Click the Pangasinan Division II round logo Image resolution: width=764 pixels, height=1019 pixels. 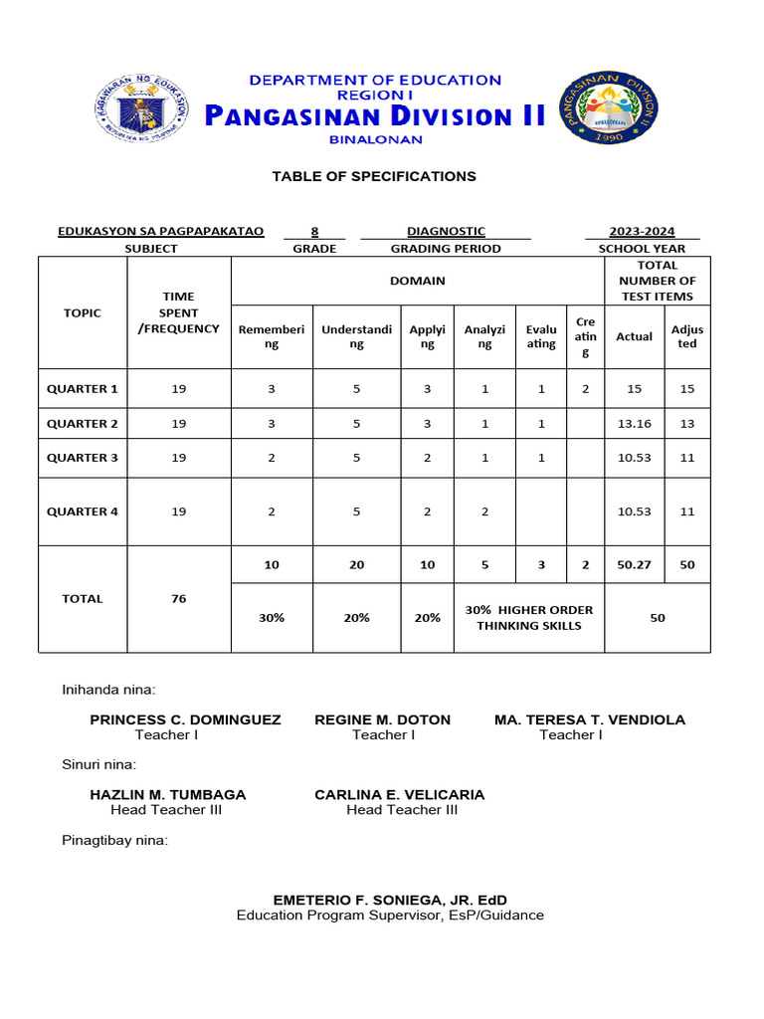pos(606,106)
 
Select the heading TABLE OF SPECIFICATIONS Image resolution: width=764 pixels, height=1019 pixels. pos(374,176)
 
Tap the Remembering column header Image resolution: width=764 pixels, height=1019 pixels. pos(272,336)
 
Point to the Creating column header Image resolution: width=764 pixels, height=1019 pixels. pos(586,336)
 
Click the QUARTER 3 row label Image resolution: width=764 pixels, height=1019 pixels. pos(83,458)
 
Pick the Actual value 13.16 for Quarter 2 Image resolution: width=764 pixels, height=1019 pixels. pos(634,424)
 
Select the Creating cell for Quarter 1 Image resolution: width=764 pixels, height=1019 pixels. pos(586,389)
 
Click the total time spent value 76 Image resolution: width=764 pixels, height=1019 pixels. pos(179,599)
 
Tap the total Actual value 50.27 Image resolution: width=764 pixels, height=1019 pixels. pos(634,565)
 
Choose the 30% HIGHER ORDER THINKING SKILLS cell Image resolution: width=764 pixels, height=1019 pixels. pos(528,618)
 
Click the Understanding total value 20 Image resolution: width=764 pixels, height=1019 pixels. pos(356,565)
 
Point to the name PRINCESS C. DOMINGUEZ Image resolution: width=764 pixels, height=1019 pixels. pos(185,719)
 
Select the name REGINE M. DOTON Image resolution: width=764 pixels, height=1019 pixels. pos(382,719)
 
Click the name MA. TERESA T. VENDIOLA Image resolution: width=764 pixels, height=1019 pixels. pos(589,719)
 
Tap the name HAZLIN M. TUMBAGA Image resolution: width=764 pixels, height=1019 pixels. pos(167,795)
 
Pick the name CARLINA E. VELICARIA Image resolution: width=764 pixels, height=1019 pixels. pos(400,795)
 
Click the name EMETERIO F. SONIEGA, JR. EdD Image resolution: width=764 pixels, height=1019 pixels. pos(390,900)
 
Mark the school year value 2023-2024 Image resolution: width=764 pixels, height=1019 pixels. pos(643,232)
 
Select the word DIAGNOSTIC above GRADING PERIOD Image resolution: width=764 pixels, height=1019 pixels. pos(446,232)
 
